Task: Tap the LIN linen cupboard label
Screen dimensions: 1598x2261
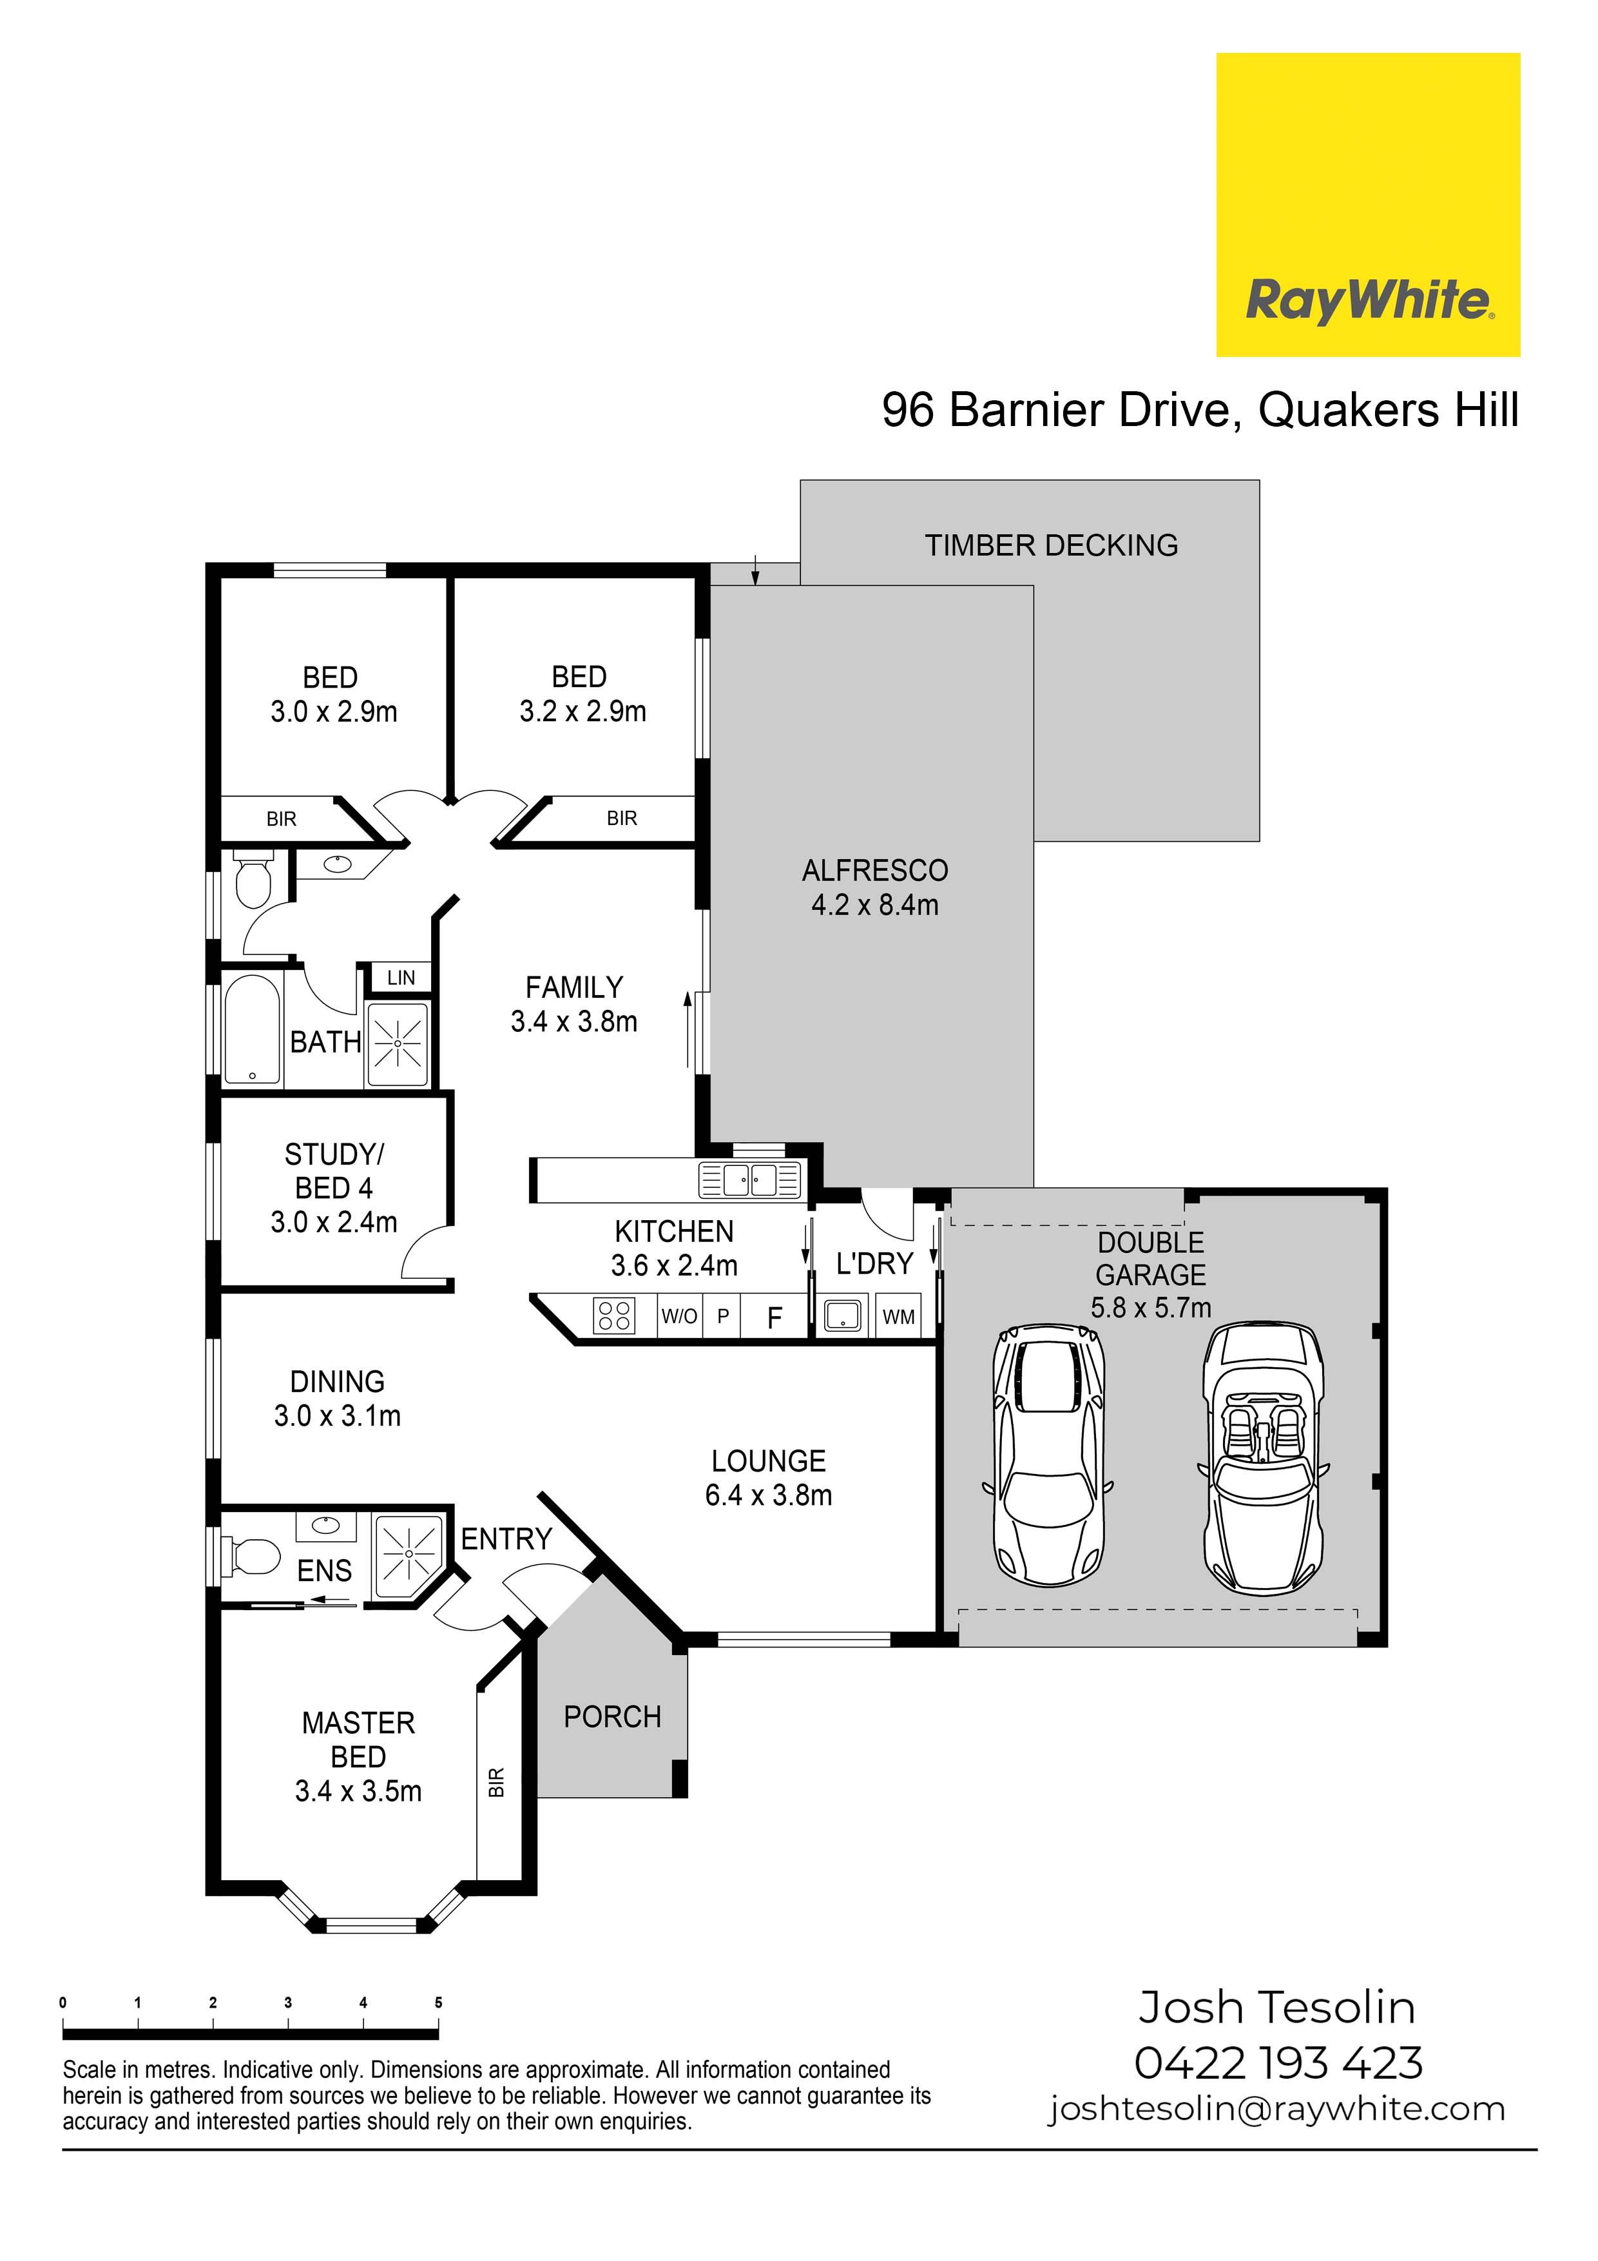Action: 401,978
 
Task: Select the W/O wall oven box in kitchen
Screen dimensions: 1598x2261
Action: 679,1315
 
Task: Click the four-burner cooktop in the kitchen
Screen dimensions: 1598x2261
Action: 614,1315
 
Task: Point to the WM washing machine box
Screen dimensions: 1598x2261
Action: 898,1317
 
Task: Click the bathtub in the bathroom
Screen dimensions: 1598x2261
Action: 252,1030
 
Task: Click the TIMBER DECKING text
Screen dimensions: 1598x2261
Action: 1052,545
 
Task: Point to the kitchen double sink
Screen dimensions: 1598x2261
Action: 750,1179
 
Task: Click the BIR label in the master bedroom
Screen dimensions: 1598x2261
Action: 496,1781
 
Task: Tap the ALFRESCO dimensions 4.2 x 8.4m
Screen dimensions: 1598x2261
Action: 874,904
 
